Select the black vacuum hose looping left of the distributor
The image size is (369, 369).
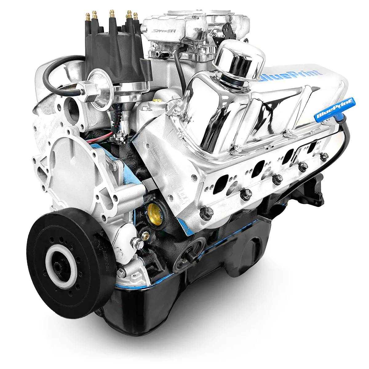tap(52, 74)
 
